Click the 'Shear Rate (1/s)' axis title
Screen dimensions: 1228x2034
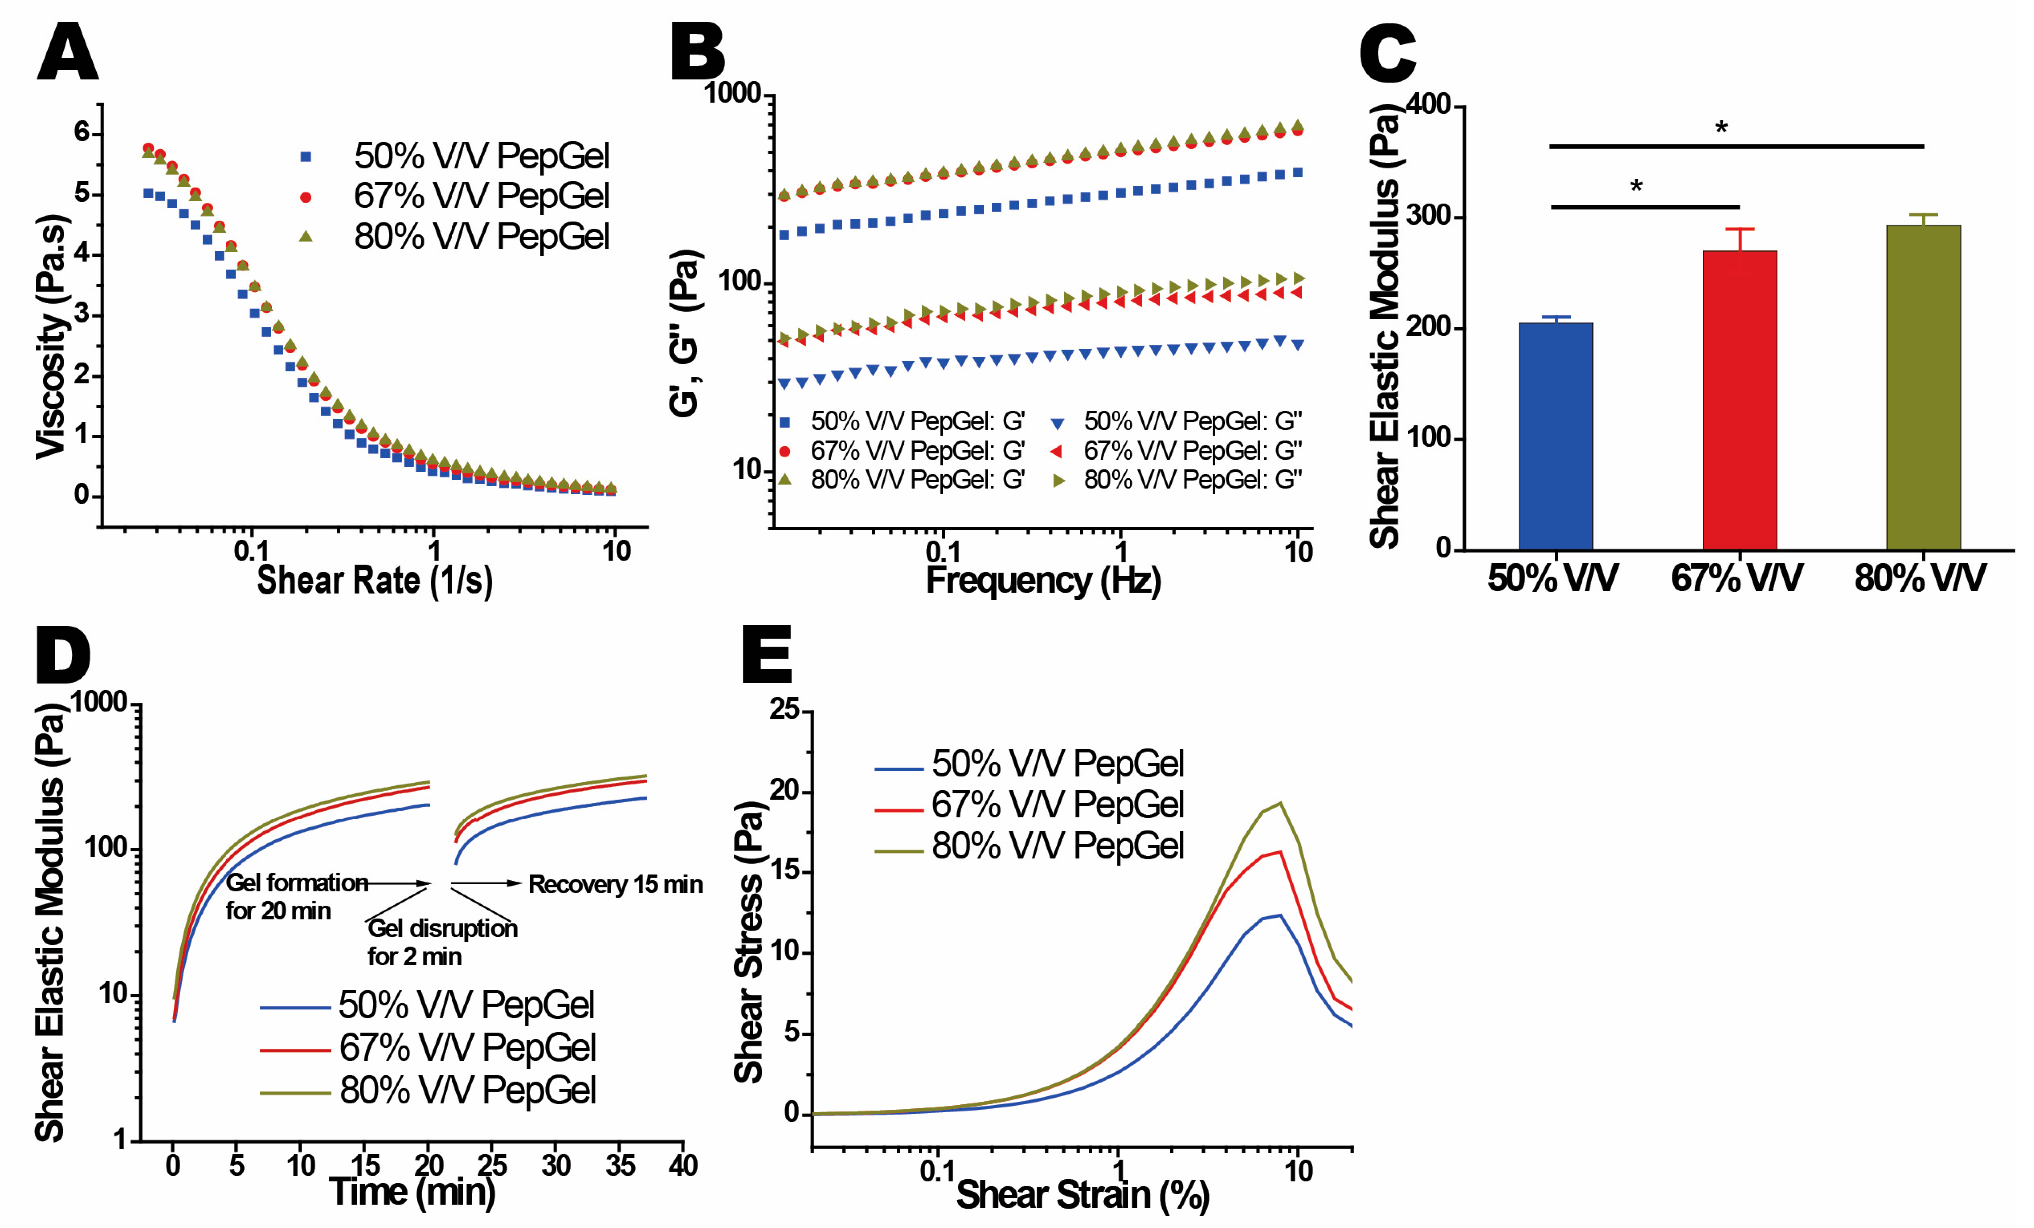click(x=375, y=580)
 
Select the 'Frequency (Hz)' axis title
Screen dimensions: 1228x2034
click(x=1043, y=580)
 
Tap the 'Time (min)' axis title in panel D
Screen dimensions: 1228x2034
click(x=412, y=1191)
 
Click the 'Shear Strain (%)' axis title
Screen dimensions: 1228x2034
click(x=1082, y=1194)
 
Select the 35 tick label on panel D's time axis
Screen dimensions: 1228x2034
click(x=620, y=1165)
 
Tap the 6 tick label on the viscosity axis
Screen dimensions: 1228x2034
click(x=82, y=131)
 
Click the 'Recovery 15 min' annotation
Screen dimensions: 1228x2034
click(x=615, y=885)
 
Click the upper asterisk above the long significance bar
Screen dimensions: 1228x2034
click(x=1721, y=128)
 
